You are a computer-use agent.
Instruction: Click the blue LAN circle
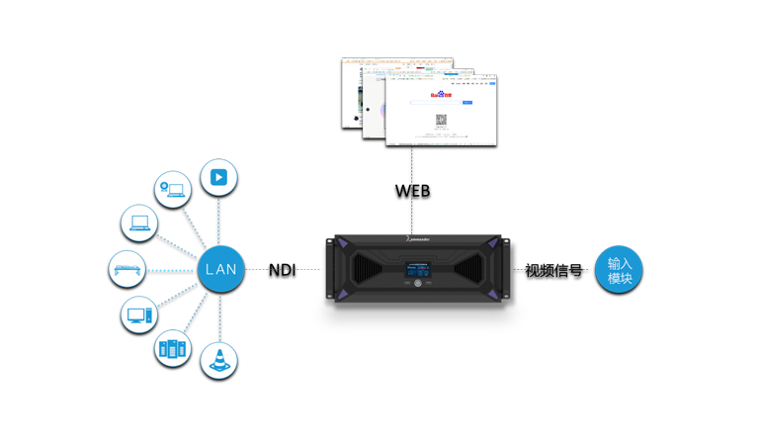(x=219, y=268)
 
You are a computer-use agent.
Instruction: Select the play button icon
(x=218, y=178)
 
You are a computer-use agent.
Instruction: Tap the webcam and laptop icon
(x=174, y=188)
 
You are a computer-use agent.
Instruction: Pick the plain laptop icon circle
(x=138, y=222)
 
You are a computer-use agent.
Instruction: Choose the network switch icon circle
(x=127, y=268)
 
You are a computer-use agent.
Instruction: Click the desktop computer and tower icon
(x=139, y=314)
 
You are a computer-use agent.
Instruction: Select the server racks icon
(x=174, y=348)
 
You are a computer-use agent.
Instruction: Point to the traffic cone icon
(x=219, y=359)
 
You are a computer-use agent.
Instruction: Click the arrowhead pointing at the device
(x=311, y=268)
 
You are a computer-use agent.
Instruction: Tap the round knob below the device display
(x=418, y=285)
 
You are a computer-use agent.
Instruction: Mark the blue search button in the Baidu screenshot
(x=467, y=103)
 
